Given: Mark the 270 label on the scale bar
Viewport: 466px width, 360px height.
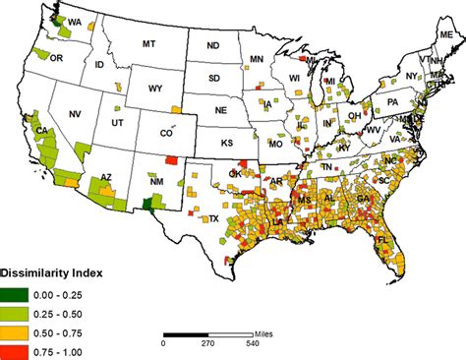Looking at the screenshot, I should (x=208, y=344).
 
